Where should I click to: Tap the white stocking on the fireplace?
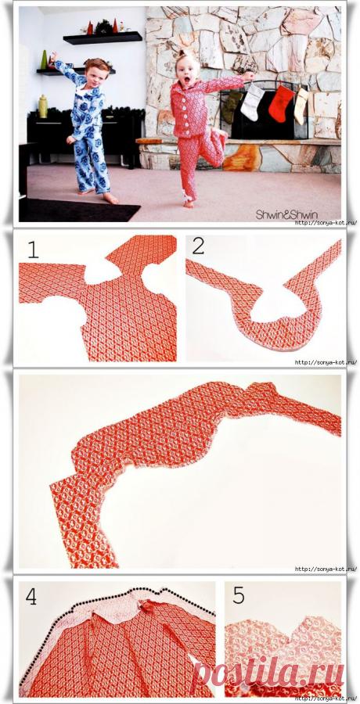(x=252, y=102)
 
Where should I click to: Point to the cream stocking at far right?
(x=301, y=106)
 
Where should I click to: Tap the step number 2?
(x=198, y=246)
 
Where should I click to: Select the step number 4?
(x=31, y=596)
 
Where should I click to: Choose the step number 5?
(x=239, y=596)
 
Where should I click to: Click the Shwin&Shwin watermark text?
(x=286, y=214)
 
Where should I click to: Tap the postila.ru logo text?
(x=268, y=673)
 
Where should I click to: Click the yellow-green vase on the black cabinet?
(x=43, y=107)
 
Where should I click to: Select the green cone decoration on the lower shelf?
(x=44, y=59)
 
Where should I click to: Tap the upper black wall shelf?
(x=103, y=38)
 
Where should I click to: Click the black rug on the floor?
(x=78, y=210)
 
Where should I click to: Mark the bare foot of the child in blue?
(x=110, y=199)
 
